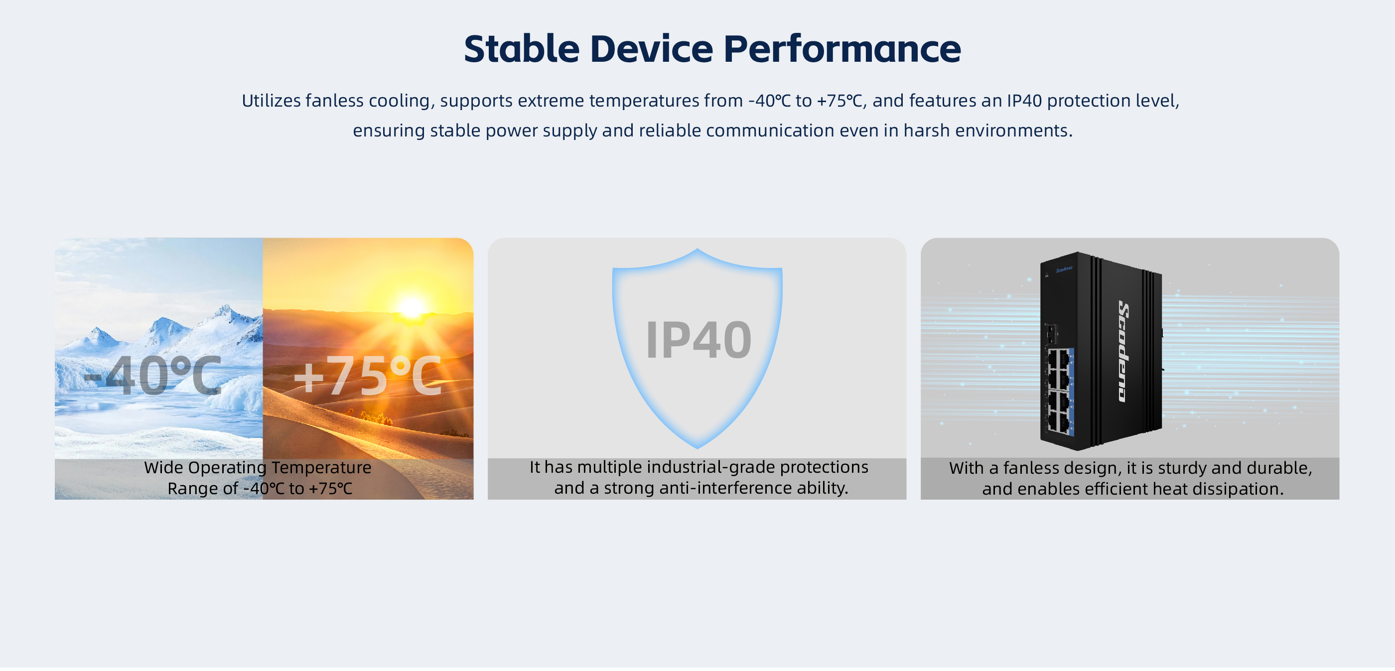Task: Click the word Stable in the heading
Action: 522,49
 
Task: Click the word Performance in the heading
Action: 842,49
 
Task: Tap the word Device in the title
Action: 652,49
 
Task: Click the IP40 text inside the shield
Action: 698,340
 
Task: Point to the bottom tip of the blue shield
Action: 697,448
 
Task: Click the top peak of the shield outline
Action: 697,250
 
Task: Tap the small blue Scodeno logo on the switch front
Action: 1064,269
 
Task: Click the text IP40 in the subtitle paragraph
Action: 1024,101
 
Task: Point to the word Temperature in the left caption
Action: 321,467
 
